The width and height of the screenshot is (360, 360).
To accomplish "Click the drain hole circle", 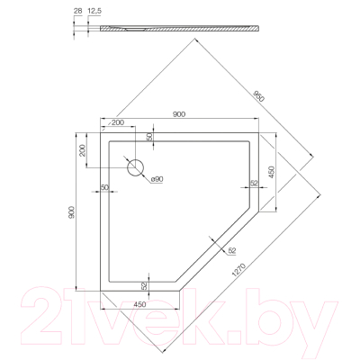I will click(137, 167).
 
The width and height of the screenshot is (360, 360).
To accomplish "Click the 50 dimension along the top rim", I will click(148, 136).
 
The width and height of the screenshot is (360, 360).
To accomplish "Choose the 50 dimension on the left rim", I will click(104, 187).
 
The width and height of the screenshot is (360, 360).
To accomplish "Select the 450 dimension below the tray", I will click(140, 304).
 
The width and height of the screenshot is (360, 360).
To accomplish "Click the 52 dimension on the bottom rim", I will click(145, 284).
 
